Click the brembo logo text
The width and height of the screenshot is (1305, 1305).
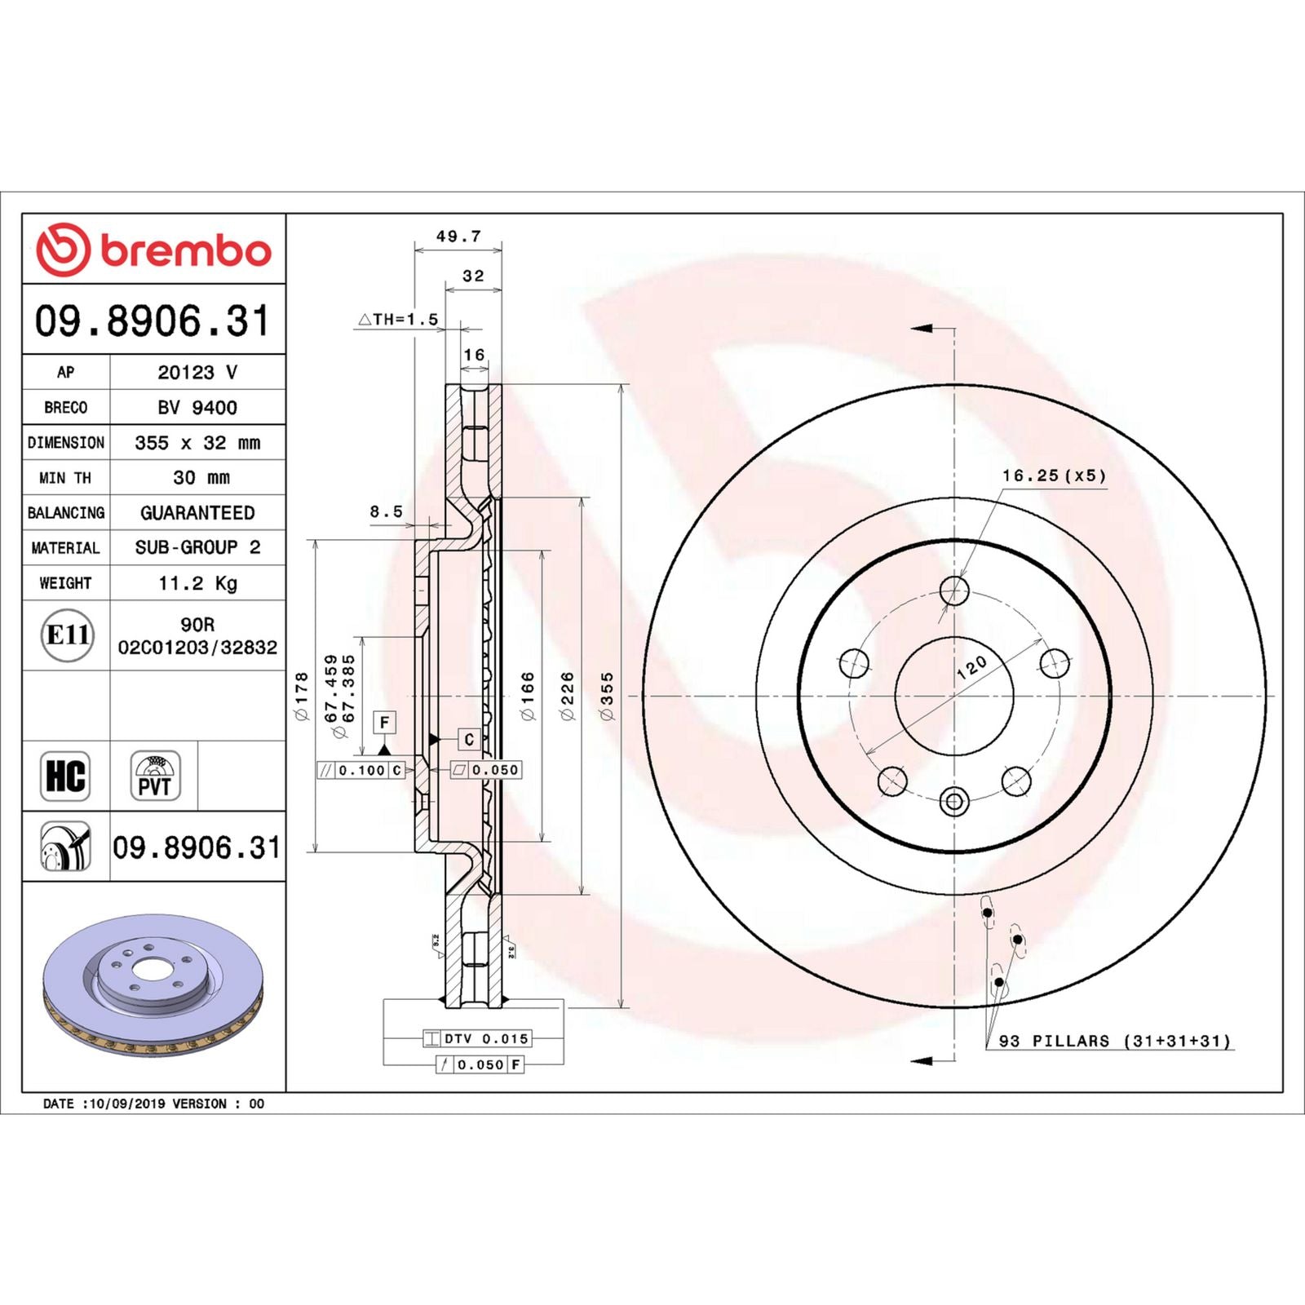click(x=185, y=251)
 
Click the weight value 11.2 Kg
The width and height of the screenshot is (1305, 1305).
click(x=197, y=583)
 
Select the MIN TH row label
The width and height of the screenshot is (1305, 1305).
click(x=65, y=478)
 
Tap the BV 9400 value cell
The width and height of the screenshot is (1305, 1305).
click(x=197, y=408)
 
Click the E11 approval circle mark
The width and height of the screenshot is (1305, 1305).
click(x=67, y=635)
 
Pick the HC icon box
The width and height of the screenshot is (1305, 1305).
click(x=65, y=776)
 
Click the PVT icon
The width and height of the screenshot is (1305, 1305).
click(x=154, y=776)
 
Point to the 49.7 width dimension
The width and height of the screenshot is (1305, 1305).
click(x=458, y=237)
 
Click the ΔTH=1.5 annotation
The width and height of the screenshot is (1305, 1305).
click(x=398, y=320)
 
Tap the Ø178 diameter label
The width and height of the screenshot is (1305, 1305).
click(x=302, y=696)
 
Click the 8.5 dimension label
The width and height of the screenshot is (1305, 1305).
click(x=387, y=511)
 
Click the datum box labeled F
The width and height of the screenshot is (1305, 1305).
click(x=384, y=722)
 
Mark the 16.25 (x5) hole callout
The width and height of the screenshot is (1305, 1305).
click(x=1054, y=476)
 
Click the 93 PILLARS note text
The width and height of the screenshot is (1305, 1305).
click(x=1114, y=1042)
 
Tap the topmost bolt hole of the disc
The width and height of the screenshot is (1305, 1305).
click(x=954, y=590)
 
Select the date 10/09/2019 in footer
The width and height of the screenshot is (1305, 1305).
click(x=126, y=1104)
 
